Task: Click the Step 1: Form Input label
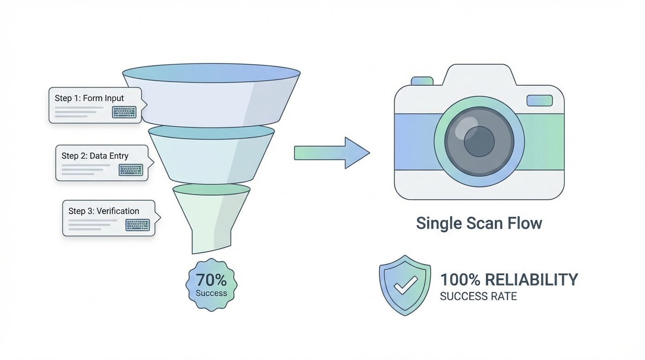coord(90,98)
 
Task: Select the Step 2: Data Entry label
coord(95,156)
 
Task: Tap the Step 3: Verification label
coord(104,211)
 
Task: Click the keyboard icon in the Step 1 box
coord(124,112)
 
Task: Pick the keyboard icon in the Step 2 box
coord(131,170)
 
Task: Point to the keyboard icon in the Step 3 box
coord(137,225)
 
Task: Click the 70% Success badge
coord(211,285)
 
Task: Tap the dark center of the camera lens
coord(479,141)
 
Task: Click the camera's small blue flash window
coord(540,100)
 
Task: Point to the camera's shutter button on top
coord(422,81)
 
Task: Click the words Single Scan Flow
coord(479,223)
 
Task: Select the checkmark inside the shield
coord(405,285)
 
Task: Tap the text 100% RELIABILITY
coord(509,280)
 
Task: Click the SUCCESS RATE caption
coord(478,296)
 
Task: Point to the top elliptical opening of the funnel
coord(211,74)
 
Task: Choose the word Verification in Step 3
coord(118,211)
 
